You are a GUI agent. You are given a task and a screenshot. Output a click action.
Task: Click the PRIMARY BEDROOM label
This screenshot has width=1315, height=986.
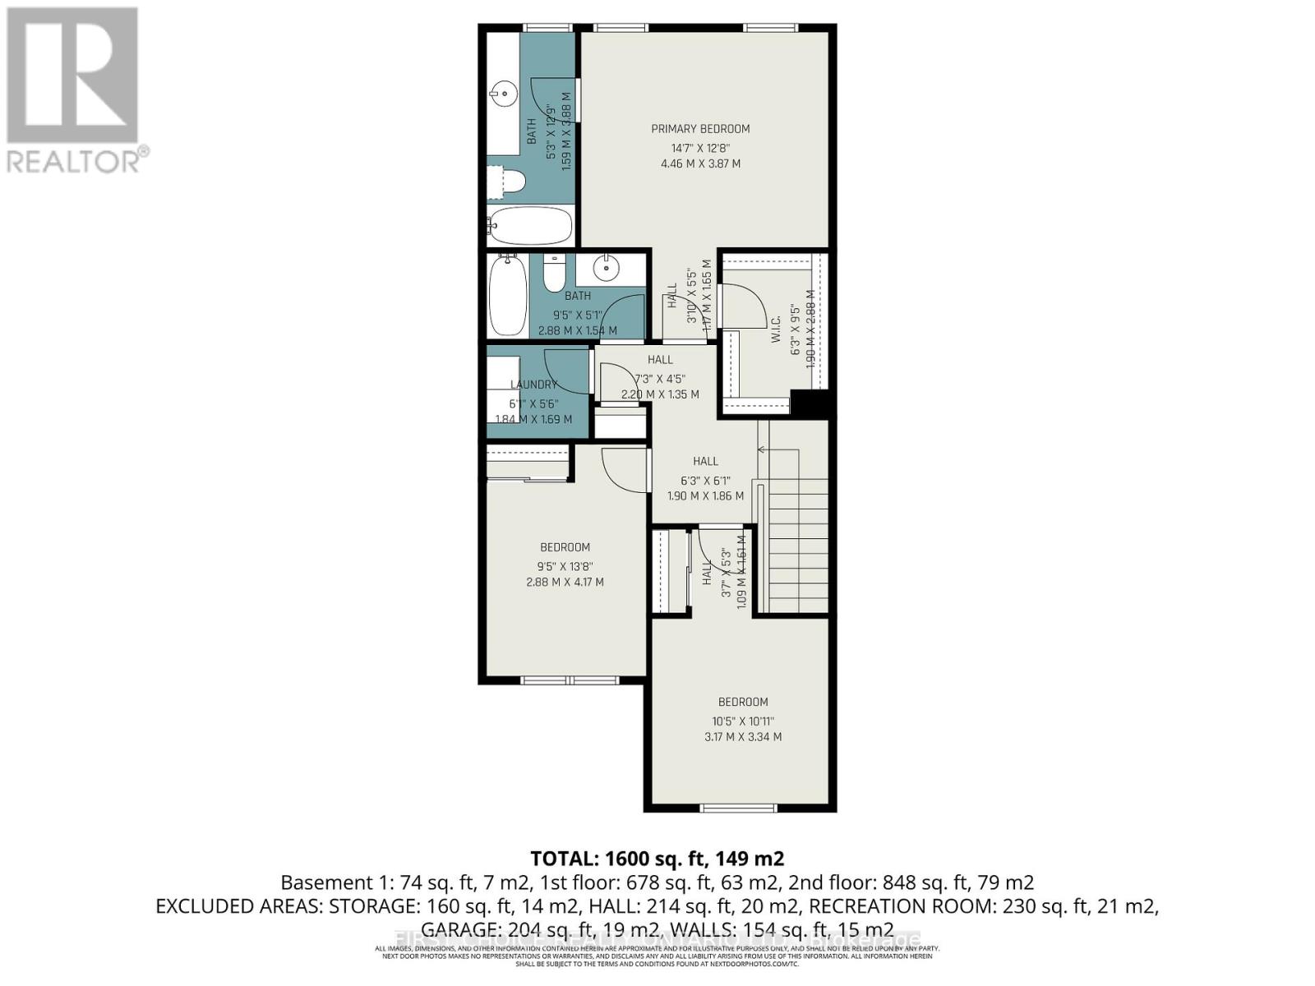tap(700, 129)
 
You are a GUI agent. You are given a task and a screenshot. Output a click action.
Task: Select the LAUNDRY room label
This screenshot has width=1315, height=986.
tap(533, 385)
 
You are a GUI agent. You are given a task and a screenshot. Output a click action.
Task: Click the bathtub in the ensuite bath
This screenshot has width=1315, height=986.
tap(529, 223)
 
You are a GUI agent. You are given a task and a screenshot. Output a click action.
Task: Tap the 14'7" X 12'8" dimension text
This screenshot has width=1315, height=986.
tap(700, 149)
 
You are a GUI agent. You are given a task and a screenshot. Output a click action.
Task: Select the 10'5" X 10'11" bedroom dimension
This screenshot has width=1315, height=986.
tap(743, 721)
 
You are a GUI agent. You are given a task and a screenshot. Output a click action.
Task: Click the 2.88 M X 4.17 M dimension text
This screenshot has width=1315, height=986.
tap(565, 583)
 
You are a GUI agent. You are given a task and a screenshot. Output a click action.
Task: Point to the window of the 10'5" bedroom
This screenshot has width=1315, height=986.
tap(739, 809)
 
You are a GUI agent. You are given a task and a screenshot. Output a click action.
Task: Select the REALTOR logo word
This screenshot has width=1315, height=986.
tap(74, 159)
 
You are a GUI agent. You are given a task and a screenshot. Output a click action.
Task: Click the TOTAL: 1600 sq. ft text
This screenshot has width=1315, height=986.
tap(657, 859)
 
